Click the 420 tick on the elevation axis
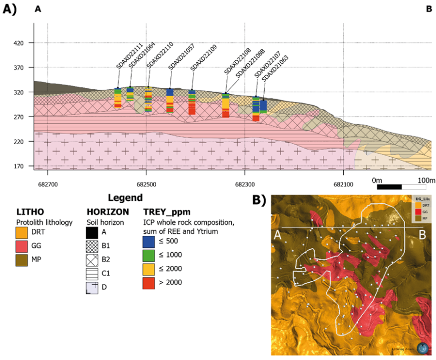pos(20,43)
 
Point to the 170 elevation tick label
pos(20,166)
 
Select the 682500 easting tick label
pos(146,183)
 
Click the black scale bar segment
pos(389,186)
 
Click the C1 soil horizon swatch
pos(92,274)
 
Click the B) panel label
pos(260,200)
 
